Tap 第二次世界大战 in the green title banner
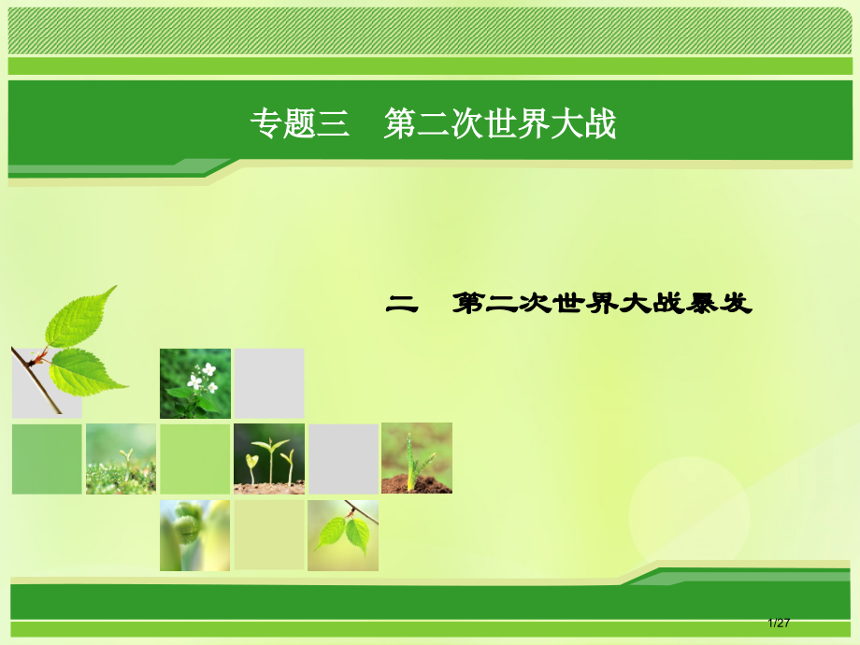tap(500, 124)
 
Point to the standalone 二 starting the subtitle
tap(402, 304)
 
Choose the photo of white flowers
tap(194, 383)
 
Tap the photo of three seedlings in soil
tap(268, 458)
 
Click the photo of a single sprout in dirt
tap(416, 458)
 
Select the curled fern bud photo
tap(194, 535)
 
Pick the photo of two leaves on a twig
tap(343, 535)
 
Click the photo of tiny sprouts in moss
tap(121, 458)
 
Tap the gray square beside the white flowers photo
tap(268, 383)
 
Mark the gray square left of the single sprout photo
tap(343, 458)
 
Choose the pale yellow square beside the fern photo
tap(268, 535)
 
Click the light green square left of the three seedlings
tap(194, 458)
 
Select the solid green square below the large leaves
tap(47, 458)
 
